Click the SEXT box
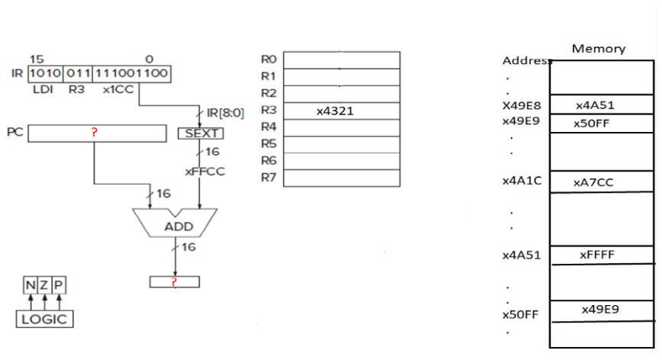[201, 133]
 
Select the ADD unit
[176, 226]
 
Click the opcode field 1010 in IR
[43, 74]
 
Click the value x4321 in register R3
[335, 111]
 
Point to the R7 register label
[268, 178]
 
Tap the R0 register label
[268, 59]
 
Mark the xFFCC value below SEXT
[204, 172]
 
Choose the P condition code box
[59, 285]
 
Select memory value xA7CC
[593, 183]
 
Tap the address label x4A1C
[522, 182]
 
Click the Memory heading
[599, 49]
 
